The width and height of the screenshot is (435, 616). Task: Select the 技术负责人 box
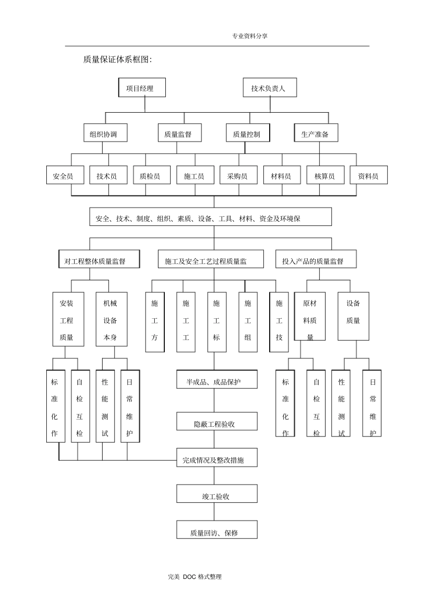[269, 87]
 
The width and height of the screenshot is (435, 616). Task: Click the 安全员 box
[65, 175]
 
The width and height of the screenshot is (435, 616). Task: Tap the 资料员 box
[369, 175]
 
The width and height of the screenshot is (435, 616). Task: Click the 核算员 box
[325, 175]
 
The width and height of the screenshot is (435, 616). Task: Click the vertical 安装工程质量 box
[68, 319]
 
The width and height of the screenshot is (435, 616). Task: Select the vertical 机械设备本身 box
[111, 319]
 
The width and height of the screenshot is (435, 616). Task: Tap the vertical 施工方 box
[155, 322]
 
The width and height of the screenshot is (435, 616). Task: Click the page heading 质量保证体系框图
[117, 60]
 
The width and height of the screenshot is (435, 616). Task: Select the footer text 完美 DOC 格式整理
[195, 577]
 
